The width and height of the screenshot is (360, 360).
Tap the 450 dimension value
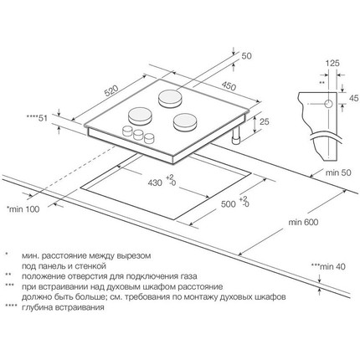229,86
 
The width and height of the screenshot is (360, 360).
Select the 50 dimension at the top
246,56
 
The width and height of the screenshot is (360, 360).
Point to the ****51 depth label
37,118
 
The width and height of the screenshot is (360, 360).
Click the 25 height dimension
264,122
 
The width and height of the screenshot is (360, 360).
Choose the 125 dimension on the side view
332,64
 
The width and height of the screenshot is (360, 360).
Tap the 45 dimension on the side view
353,98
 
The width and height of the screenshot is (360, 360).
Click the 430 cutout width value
155,183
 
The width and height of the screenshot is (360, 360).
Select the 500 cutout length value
229,204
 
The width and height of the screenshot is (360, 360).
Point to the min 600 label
303,222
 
